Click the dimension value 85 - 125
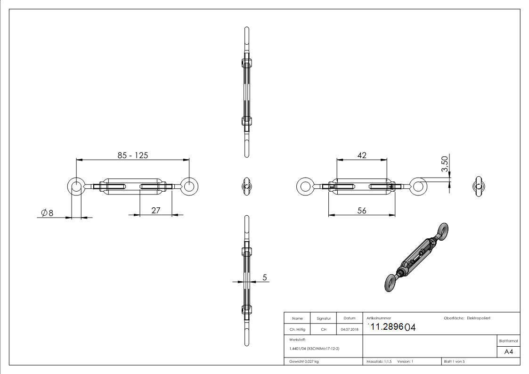[x=133, y=155]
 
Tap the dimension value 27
[x=156, y=211]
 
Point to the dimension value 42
[x=362, y=155]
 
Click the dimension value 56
[x=362, y=211]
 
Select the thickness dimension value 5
[x=265, y=278]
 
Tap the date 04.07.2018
[x=350, y=329]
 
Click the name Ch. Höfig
[x=297, y=329]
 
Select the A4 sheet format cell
[x=509, y=352]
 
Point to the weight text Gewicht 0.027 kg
[x=304, y=361]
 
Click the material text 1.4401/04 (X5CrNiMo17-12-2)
[x=314, y=349]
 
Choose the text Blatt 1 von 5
[x=454, y=361]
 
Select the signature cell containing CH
[x=324, y=329]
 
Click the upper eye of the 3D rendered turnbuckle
[x=442, y=230]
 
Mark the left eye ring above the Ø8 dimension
[x=76, y=187]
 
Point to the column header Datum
[x=350, y=318]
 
